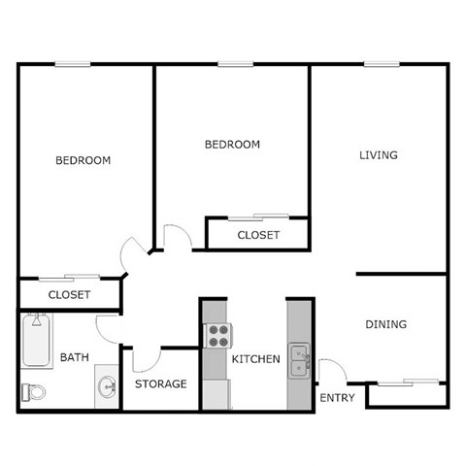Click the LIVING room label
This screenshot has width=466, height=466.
[x=379, y=155]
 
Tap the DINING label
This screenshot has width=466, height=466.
[x=385, y=324]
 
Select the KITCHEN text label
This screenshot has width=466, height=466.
[x=255, y=359]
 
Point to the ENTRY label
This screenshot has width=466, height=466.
[x=337, y=398]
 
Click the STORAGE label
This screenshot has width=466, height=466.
[x=160, y=384]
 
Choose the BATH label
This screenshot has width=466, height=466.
[x=75, y=357]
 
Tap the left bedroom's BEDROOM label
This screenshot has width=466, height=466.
[x=83, y=160]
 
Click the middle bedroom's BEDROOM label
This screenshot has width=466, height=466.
[x=232, y=145]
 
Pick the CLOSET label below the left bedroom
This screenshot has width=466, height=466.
[x=69, y=294]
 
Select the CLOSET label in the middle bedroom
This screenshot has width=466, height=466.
[x=258, y=235]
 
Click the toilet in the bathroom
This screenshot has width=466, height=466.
[x=33, y=392]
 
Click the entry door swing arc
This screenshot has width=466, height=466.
[x=330, y=370]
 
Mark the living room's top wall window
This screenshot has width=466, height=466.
[x=379, y=64]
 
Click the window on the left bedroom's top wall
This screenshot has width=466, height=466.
[x=73, y=64]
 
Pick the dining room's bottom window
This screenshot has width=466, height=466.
[x=407, y=383]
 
